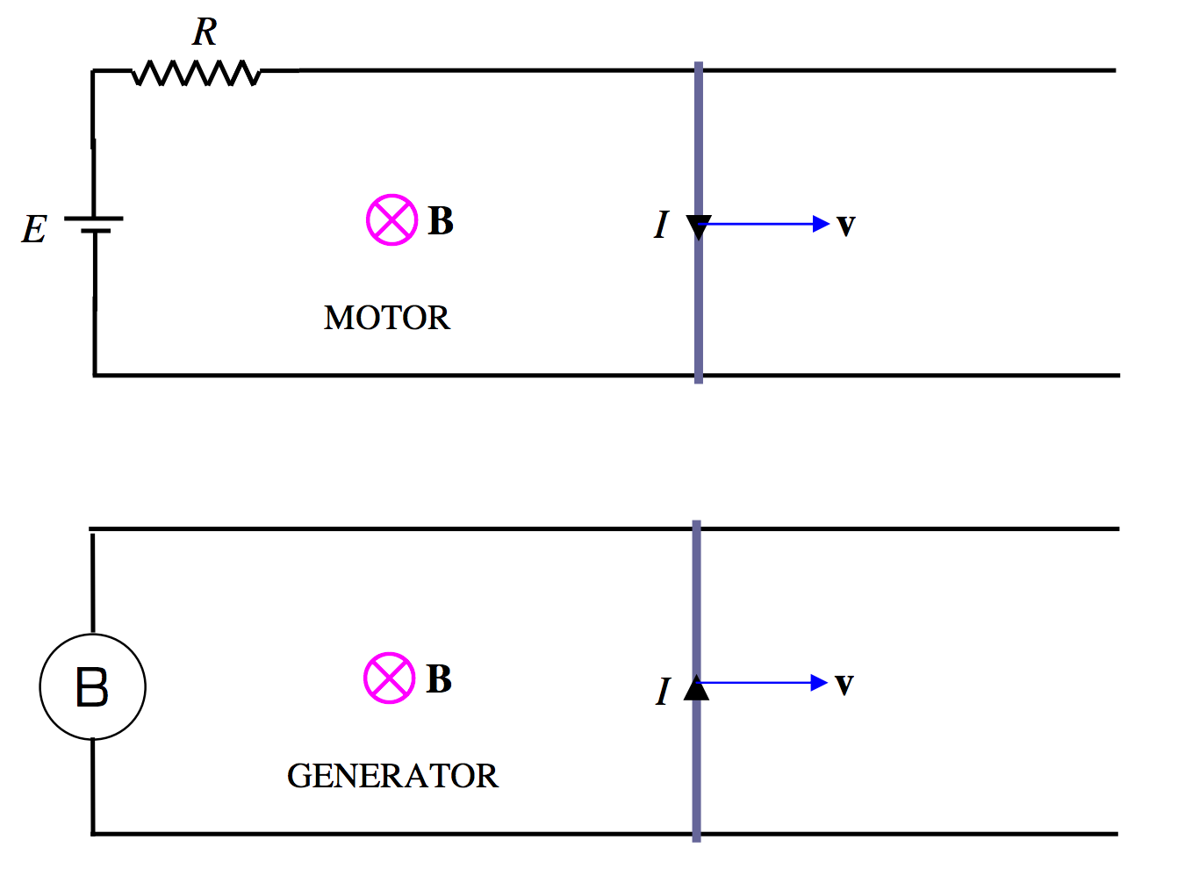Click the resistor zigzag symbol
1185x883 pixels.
tap(196, 73)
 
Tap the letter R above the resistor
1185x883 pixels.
tap(205, 32)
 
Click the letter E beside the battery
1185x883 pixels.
tap(34, 230)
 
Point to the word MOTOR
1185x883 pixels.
tap(386, 318)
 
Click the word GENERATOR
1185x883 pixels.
tap(391, 776)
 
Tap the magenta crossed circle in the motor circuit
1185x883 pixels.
tap(391, 219)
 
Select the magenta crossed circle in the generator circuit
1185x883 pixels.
tap(389, 678)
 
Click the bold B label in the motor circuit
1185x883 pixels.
tap(441, 221)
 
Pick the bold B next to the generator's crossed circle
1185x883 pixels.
tap(439, 679)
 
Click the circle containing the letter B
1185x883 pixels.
tap(92, 686)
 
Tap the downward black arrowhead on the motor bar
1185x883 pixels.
tap(699, 227)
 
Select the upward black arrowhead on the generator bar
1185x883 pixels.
tap(696, 687)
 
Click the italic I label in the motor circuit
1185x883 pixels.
tap(661, 226)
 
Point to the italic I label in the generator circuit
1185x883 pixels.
tap(663, 692)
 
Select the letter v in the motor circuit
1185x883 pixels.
tap(845, 226)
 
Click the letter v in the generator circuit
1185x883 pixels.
tap(844, 684)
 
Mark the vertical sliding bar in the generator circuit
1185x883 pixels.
tap(696, 597)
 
